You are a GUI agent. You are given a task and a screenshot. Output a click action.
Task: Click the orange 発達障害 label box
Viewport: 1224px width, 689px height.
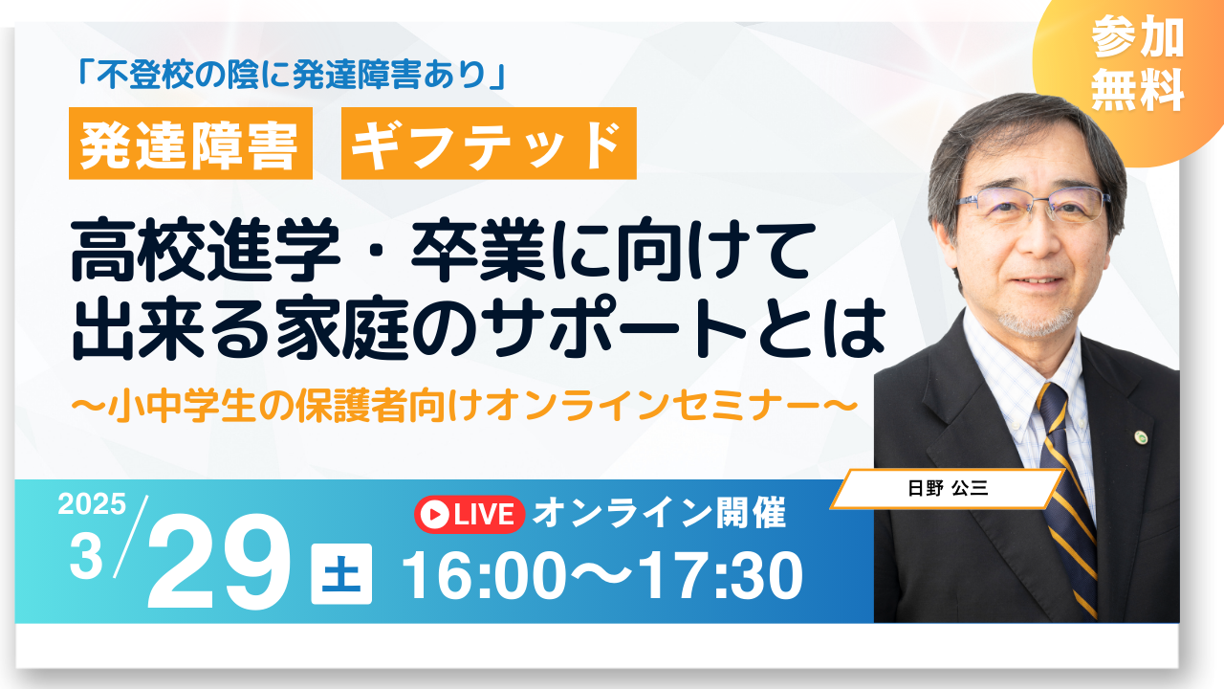point(190,144)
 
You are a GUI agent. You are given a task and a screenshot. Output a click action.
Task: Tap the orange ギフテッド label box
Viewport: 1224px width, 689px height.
point(489,144)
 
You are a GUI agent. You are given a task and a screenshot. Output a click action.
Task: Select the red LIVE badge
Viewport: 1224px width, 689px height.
point(470,515)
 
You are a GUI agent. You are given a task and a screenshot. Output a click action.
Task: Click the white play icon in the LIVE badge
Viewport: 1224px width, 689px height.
point(435,515)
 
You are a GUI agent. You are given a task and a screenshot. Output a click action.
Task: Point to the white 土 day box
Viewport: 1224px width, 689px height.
point(341,573)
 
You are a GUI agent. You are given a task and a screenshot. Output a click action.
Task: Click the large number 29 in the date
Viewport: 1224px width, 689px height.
point(219,564)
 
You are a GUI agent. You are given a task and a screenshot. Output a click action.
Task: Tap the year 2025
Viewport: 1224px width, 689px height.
point(93,504)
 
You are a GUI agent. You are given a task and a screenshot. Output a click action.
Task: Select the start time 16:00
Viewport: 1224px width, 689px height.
point(484,576)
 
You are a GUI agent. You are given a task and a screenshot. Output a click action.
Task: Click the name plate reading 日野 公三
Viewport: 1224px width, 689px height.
point(948,488)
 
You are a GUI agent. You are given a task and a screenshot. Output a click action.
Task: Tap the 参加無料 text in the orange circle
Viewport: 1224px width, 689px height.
point(1138,63)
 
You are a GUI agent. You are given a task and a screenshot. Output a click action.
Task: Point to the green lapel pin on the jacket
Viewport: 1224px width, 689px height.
point(1141,437)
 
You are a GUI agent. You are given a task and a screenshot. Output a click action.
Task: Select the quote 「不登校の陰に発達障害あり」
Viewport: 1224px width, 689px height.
point(292,75)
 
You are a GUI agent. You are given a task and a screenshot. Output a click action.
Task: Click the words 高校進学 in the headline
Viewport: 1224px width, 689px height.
point(206,252)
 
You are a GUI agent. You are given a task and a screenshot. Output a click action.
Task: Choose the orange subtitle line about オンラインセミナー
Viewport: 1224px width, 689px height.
point(464,405)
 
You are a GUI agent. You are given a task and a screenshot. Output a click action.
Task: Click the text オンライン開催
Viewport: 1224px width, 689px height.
point(660,514)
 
